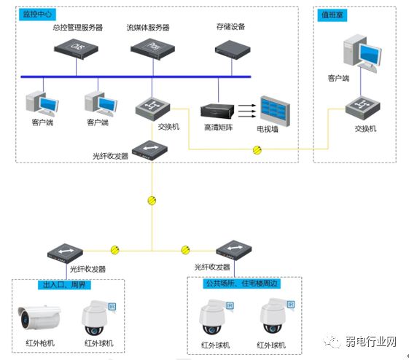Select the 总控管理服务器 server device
[x=77, y=47]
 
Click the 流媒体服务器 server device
[x=152, y=48]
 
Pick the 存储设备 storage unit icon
[x=231, y=48]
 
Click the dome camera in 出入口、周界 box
[x=98, y=318]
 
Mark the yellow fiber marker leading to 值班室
[x=257, y=150]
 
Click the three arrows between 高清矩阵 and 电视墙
[x=247, y=111]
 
